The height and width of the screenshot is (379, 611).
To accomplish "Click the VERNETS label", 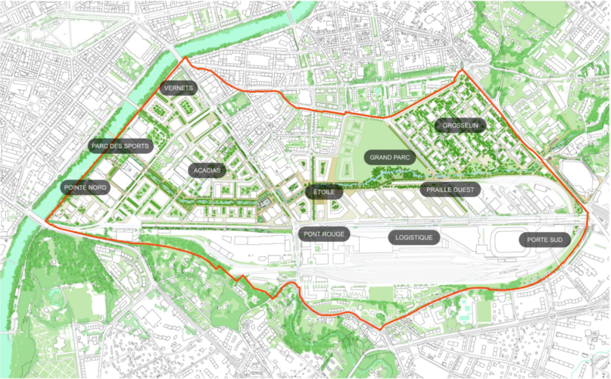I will tap(179, 88).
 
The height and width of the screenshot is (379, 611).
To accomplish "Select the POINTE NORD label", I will tap(85, 186).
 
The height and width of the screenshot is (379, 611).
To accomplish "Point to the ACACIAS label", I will tap(207, 171).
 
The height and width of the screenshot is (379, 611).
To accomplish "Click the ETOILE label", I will tap(324, 193).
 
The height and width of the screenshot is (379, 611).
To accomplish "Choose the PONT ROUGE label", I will tap(324, 234).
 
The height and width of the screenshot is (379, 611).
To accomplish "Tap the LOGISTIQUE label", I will tap(414, 237).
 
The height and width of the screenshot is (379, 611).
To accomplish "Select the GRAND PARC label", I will tap(390, 158).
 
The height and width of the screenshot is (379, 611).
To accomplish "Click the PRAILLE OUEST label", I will tap(450, 189).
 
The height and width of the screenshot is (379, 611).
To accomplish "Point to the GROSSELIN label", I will tap(460, 126).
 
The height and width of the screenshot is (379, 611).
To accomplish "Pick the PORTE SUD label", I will tap(545, 240).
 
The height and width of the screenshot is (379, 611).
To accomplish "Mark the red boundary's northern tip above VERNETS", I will tap(182, 58).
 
